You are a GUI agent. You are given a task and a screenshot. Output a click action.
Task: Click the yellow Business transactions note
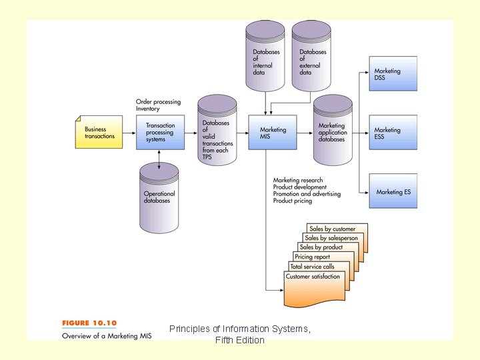pyautogui.click(x=99, y=132)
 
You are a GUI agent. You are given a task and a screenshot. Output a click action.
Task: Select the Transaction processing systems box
pyautogui.click(x=160, y=132)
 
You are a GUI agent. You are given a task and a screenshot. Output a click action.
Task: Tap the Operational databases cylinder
pyautogui.click(x=160, y=197)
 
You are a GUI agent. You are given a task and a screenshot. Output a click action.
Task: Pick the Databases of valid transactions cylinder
pyautogui.click(x=217, y=136)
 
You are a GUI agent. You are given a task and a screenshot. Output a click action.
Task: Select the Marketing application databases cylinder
pyautogui.click(x=332, y=132)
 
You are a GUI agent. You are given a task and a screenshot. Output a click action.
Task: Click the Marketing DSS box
pyautogui.click(x=393, y=74)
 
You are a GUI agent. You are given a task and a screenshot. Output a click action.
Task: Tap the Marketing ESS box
pyautogui.click(x=393, y=133)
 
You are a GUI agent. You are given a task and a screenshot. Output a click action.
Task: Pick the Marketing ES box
pyautogui.click(x=393, y=192)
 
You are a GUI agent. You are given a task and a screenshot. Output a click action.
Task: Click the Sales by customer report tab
pyautogui.click(x=333, y=229)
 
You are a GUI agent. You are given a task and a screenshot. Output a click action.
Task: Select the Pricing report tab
pyautogui.click(x=312, y=257)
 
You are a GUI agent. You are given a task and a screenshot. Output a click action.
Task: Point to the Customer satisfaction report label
pyautogui.click(x=313, y=277)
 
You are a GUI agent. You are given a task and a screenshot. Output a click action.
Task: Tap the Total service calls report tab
pyautogui.click(x=312, y=267)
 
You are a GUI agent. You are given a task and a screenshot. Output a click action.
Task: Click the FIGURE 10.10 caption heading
pyautogui.click(x=89, y=323)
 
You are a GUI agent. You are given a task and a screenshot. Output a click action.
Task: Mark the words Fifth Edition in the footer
pyautogui.click(x=240, y=341)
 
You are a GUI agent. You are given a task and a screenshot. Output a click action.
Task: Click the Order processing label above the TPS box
pyautogui.click(x=158, y=102)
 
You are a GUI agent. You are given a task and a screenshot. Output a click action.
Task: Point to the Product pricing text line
pyautogui.click(x=293, y=201)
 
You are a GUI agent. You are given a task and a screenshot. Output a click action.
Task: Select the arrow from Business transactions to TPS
pyautogui.click(x=129, y=132)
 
